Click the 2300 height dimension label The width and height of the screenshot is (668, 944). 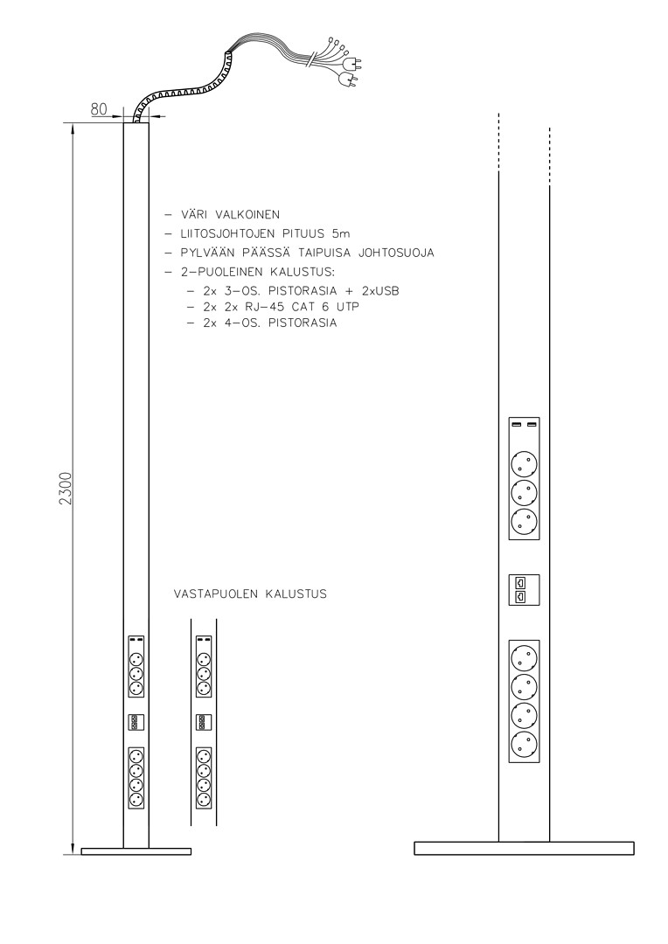[x=66, y=489]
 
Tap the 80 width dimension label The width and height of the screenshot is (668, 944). [x=99, y=109]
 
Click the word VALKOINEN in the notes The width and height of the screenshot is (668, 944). [x=247, y=214]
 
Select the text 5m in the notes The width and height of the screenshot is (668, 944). [x=340, y=233]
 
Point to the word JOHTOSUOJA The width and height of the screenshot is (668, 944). [x=396, y=253]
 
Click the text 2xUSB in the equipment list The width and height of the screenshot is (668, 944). [x=380, y=291]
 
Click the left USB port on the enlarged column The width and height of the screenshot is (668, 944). [x=516, y=425]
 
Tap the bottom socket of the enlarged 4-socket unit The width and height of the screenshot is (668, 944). [x=524, y=745]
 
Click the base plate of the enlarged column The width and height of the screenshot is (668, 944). [x=524, y=848]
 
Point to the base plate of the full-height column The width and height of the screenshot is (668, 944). [x=136, y=851]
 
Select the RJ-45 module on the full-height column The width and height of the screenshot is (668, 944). [x=136, y=722]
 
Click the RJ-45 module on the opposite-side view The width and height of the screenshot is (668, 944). [x=204, y=722]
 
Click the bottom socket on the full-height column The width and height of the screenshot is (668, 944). [x=136, y=800]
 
